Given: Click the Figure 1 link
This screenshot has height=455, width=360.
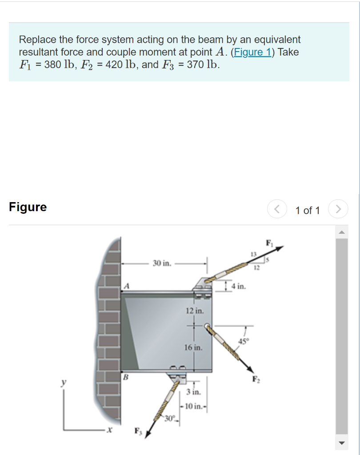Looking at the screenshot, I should (x=252, y=52).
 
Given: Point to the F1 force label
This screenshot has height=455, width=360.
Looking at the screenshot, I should (x=269, y=243).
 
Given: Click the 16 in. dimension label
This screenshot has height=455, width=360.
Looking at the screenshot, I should (x=194, y=347).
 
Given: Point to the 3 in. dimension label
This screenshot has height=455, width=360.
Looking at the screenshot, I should (x=194, y=392).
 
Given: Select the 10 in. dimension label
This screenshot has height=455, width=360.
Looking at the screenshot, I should (x=195, y=406).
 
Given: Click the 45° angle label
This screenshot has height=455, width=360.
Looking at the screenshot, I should (x=244, y=341).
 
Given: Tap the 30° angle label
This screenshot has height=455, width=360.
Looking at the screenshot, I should (x=169, y=418).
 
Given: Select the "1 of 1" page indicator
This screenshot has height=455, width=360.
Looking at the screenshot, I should (x=308, y=210).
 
